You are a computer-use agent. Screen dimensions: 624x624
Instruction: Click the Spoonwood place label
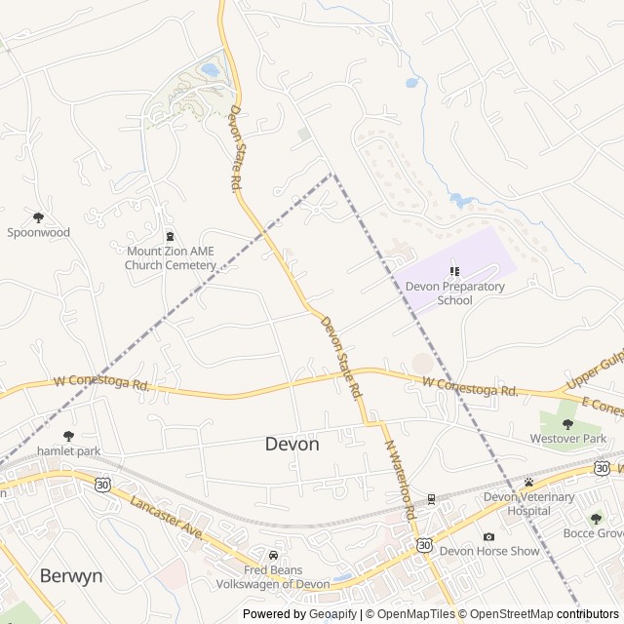pyautogui.click(x=39, y=233)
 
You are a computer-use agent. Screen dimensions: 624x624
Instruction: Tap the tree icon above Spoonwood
pyautogui.click(x=39, y=217)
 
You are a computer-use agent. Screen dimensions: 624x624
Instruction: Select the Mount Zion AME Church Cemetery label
pyautogui.click(x=171, y=257)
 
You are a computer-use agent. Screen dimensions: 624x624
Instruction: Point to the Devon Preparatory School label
pyautogui.click(x=454, y=293)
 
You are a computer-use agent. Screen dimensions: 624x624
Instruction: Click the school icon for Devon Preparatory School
pyautogui.click(x=454, y=271)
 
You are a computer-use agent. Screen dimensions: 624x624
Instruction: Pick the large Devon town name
pyautogui.click(x=292, y=444)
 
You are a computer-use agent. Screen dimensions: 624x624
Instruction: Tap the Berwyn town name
pyautogui.click(x=71, y=575)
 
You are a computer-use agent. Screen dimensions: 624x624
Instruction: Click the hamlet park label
pyautogui.click(x=68, y=451)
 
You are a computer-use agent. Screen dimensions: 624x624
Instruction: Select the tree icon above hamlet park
pyautogui.click(x=68, y=436)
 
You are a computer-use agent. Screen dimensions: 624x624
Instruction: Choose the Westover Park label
pyautogui.click(x=567, y=439)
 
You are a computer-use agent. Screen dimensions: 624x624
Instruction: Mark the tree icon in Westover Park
pyautogui.click(x=567, y=424)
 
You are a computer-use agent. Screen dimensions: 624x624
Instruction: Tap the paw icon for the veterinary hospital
pyautogui.click(x=528, y=483)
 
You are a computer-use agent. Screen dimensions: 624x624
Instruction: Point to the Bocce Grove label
pyautogui.click(x=594, y=533)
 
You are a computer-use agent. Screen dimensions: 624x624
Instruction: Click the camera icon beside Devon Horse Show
pyautogui.click(x=488, y=537)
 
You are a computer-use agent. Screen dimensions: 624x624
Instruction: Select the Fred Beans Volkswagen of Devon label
pyautogui.click(x=273, y=576)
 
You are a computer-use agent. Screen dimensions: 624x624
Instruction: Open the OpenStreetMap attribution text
pyautogui.click(x=508, y=614)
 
